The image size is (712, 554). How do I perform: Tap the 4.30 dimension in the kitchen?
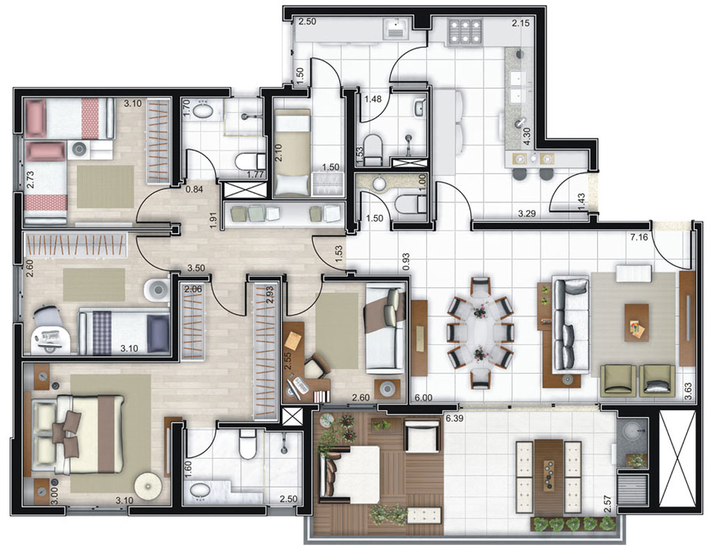click(x=527, y=136)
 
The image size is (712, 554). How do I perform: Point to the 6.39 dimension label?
click(x=453, y=418)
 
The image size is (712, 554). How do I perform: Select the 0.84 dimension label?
click(x=194, y=189)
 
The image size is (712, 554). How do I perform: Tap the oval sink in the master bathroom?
click(x=200, y=491)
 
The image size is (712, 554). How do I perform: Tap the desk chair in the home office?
click(x=318, y=365)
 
